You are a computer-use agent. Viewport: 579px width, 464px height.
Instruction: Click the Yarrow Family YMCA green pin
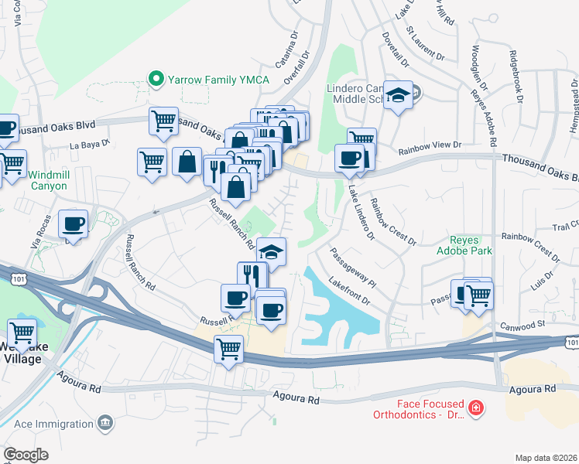pyautogui.click(x=156, y=78)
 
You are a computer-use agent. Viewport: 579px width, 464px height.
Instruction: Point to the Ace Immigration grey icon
pyautogui.click(x=105, y=423)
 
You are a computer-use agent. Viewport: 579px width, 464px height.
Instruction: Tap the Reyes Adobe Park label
pyautogui.click(x=464, y=245)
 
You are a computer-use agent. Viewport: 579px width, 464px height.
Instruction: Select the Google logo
pyautogui.click(x=26, y=455)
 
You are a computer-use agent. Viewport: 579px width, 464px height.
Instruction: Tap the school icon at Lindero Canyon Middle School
pyautogui.click(x=399, y=95)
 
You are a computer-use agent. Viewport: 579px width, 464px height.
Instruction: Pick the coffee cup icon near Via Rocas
pyautogui.click(x=74, y=223)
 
